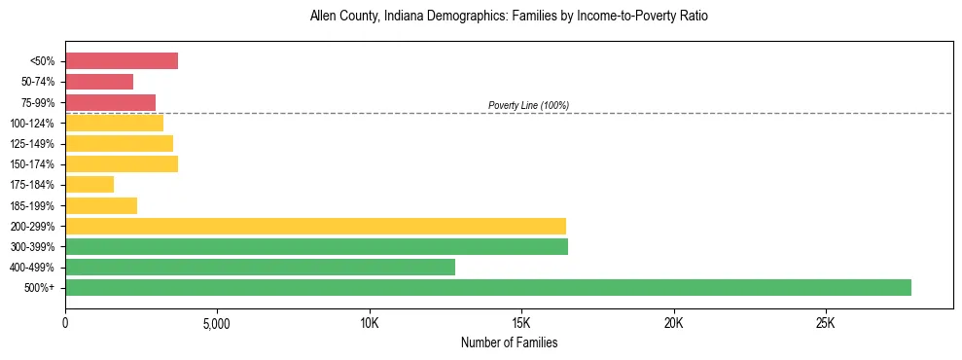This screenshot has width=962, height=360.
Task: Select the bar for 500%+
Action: (x=487, y=287)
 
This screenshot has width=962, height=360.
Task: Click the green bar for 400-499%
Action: (x=260, y=267)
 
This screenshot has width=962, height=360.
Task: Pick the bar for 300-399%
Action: (x=316, y=246)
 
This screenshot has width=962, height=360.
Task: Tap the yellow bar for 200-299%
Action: (x=315, y=226)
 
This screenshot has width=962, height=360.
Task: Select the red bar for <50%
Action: (x=122, y=61)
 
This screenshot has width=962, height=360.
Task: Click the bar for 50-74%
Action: (x=99, y=82)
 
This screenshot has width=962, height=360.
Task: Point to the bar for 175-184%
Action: (x=89, y=185)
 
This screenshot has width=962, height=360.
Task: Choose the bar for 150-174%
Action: (x=122, y=163)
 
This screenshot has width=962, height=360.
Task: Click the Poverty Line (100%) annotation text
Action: (x=528, y=105)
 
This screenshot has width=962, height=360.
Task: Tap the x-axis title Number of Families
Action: (x=509, y=342)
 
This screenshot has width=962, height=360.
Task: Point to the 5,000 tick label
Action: (x=217, y=322)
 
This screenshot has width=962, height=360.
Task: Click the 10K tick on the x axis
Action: (x=370, y=322)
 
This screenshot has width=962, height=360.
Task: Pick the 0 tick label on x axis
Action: (x=65, y=322)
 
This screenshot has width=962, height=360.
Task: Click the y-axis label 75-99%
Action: (x=37, y=103)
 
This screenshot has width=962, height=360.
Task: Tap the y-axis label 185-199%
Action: (x=34, y=206)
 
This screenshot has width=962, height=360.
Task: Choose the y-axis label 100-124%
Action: (x=34, y=124)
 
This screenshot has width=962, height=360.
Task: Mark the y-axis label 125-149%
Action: (x=34, y=144)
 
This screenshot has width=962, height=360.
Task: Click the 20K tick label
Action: (x=673, y=322)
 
